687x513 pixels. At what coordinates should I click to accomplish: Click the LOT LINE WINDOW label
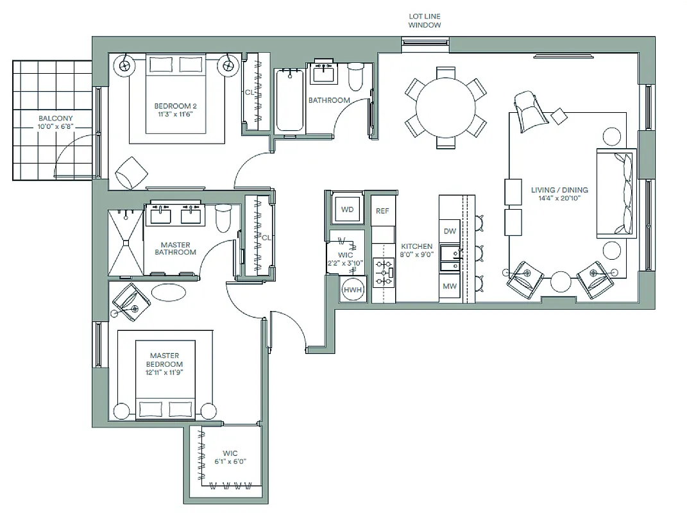(425, 21)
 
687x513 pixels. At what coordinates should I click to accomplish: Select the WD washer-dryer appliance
(347, 210)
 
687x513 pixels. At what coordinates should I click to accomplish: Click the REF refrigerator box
(382, 210)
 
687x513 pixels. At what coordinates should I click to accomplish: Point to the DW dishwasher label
(450, 231)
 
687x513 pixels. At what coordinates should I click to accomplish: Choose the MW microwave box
(450, 286)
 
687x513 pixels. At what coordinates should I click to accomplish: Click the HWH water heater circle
(352, 290)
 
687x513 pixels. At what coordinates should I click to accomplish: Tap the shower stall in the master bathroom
(126, 242)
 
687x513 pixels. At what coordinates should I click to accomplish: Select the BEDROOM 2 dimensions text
(174, 114)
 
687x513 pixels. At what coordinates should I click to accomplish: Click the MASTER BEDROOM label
(165, 360)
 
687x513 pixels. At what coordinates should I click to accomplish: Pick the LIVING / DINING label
(559, 190)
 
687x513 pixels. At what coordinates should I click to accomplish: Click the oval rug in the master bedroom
(169, 292)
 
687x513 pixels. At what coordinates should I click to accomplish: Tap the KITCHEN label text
(417, 246)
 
